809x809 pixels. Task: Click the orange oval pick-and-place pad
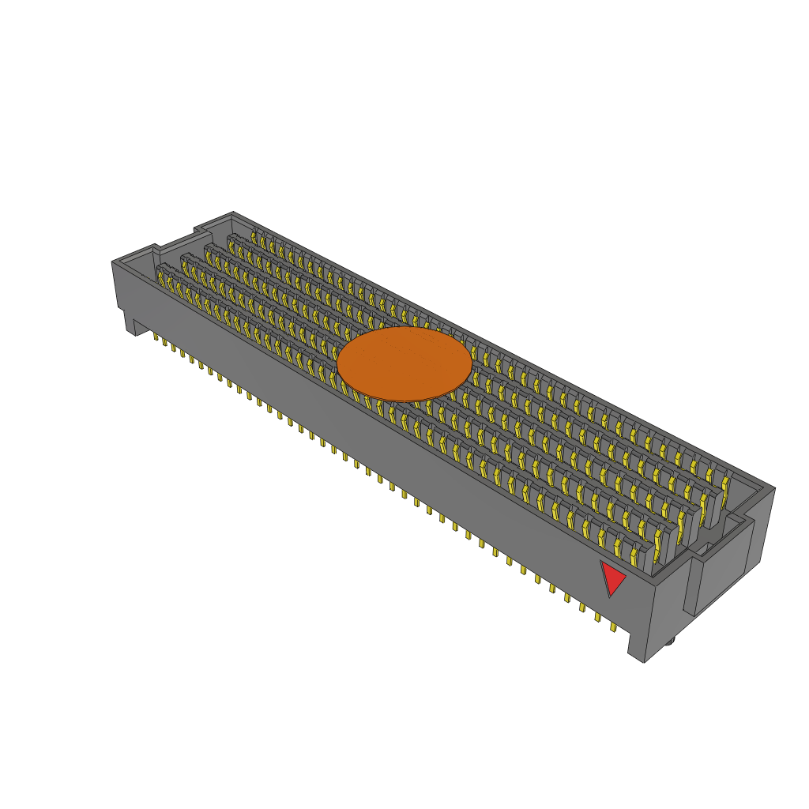pos(404,364)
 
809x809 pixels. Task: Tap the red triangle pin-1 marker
pos(612,578)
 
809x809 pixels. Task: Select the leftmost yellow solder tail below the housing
pos(156,337)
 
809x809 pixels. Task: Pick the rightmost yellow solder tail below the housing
pos(613,627)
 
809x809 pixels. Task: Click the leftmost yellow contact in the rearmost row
pos(255,235)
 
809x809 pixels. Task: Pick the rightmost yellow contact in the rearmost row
pos(725,480)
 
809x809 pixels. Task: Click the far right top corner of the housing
pos(774,488)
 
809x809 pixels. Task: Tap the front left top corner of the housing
pos(112,262)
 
